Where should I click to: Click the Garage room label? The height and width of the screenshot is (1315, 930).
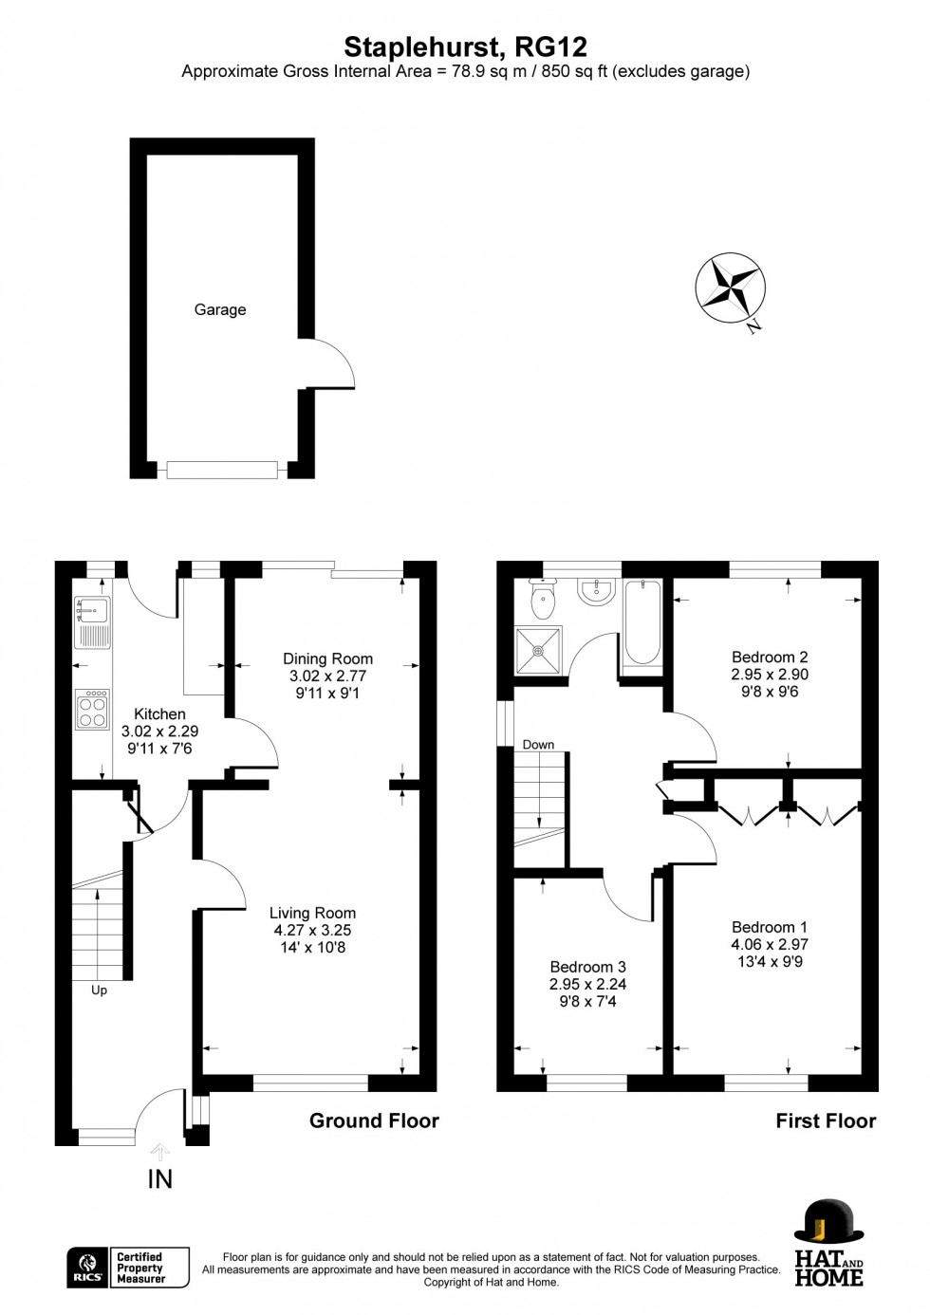click(x=219, y=309)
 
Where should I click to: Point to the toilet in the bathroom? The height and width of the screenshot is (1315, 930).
click(x=543, y=596)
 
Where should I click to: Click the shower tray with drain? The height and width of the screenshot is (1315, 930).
click(x=538, y=650)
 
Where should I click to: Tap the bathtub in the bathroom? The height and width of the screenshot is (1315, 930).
click(x=642, y=621)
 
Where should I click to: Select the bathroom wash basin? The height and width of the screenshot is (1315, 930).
click(x=597, y=592)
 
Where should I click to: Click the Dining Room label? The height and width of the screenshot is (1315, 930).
click(x=327, y=658)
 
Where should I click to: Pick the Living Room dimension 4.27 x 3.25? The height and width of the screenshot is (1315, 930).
click(x=312, y=930)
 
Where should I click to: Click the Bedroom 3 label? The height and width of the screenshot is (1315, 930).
click(x=587, y=967)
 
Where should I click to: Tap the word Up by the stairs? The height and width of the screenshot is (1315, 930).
click(x=99, y=990)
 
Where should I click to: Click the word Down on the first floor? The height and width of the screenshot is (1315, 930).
click(x=538, y=745)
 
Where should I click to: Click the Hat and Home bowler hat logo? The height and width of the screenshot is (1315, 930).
click(x=828, y=1223)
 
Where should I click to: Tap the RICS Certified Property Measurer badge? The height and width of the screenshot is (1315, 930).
click(x=128, y=1268)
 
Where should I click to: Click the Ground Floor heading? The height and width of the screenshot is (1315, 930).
click(x=374, y=1121)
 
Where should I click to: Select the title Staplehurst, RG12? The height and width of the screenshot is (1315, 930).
click(x=465, y=46)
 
